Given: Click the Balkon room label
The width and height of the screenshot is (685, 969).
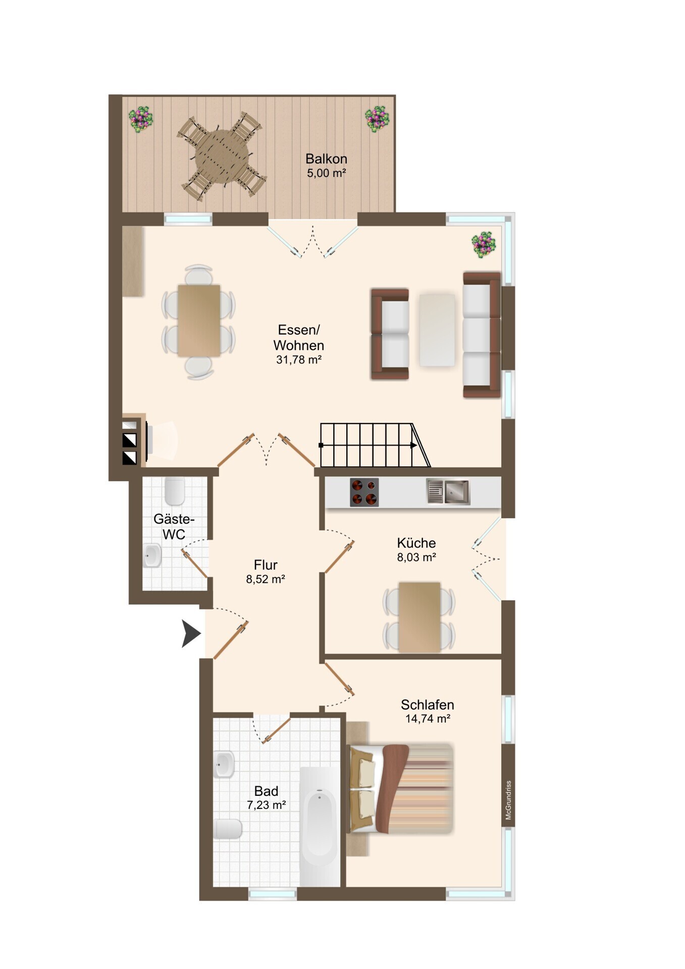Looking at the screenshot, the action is (326, 159).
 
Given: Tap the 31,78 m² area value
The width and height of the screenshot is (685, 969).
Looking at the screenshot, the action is (299, 360).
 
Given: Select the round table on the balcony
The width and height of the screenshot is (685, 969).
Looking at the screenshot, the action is (222, 156).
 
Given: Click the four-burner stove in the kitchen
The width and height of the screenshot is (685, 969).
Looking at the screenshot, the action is (364, 492).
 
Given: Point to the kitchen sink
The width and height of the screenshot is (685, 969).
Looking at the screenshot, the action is (448, 492).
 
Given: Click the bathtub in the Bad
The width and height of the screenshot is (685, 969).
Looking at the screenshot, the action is (320, 826).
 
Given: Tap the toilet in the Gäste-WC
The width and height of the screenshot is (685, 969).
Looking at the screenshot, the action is (175, 491).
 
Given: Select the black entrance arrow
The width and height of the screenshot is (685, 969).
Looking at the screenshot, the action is (191, 633).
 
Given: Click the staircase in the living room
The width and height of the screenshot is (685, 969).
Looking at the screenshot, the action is (375, 445).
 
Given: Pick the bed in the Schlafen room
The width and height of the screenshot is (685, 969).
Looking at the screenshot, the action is (401, 788).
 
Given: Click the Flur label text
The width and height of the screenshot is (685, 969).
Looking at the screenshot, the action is (266, 565).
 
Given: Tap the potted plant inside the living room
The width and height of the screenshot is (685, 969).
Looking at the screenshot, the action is (484, 245).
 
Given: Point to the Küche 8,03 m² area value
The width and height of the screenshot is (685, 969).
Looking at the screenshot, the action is (416, 557).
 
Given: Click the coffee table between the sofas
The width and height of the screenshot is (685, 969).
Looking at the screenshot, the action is (437, 330).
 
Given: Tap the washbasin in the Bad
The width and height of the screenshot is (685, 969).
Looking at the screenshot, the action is (224, 764).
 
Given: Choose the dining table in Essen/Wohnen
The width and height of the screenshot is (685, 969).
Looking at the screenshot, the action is (199, 321).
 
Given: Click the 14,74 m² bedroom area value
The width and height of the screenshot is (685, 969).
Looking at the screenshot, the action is (428, 718).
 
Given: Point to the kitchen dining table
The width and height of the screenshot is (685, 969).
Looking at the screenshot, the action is (419, 617).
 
